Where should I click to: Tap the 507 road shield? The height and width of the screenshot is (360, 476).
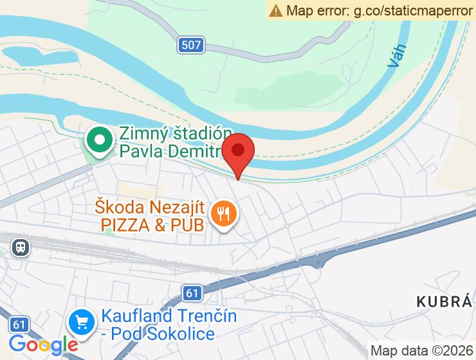click(x=191, y=45)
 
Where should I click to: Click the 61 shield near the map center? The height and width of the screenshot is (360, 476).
click(x=192, y=293)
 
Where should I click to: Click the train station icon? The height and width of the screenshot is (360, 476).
click(x=21, y=248)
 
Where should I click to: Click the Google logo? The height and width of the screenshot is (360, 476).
click(x=44, y=345)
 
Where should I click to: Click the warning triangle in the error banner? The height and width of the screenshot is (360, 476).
click(x=277, y=10)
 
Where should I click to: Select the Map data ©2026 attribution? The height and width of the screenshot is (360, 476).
click(x=421, y=350)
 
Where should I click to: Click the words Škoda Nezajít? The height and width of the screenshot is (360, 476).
click(x=150, y=208)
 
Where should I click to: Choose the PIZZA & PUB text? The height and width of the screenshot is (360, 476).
click(x=152, y=224)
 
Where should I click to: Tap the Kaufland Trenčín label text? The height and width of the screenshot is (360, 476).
click(x=169, y=316)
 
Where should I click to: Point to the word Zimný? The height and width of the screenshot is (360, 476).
click(x=143, y=134)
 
